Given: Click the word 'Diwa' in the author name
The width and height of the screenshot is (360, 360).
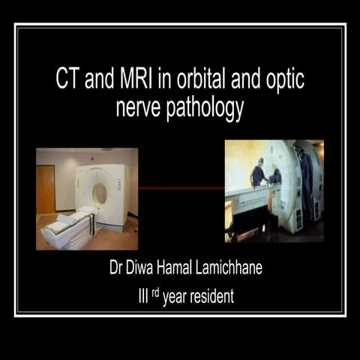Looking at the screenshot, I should [143, 271].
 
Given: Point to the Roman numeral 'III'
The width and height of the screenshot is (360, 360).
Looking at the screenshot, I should [137, 296].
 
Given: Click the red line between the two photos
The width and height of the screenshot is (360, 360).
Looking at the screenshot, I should [181, 188].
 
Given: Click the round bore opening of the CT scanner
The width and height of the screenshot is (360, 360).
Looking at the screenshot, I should [99, 193].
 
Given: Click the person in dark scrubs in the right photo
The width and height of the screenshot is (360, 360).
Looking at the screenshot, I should [258, 174].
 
